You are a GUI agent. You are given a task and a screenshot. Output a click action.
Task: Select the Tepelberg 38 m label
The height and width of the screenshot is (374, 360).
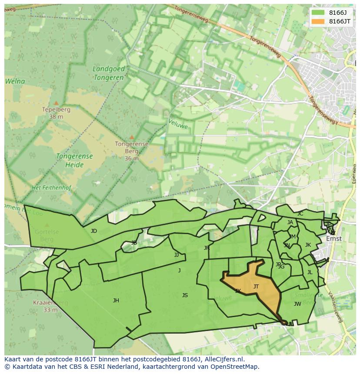point(56,113)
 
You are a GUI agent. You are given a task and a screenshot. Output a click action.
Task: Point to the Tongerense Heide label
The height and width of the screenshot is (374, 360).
point(74,160)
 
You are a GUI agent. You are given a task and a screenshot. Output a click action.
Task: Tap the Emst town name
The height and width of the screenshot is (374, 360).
point(334,238)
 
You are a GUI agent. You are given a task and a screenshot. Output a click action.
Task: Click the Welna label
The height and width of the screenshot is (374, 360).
point(15,81)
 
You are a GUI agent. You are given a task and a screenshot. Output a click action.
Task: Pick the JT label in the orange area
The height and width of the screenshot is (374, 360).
point(256,287)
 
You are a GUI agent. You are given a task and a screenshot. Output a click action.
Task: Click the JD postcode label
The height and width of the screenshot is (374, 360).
point(94,231)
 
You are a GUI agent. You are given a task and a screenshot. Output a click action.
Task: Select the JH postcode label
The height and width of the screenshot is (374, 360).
point(116,301)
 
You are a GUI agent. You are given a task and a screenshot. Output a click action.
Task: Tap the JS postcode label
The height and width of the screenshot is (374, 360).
point(185,295)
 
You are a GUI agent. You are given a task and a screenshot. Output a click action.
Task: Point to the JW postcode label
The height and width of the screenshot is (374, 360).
point(297,304)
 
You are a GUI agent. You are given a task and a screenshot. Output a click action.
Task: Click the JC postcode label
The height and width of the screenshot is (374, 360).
point(300,214)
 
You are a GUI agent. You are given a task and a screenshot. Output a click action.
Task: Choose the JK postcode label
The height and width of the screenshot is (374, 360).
point(308,245)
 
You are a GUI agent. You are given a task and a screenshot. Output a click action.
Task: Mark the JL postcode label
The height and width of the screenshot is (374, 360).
point(310,273)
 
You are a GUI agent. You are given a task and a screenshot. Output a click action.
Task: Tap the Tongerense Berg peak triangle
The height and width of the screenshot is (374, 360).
point(132,137)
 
